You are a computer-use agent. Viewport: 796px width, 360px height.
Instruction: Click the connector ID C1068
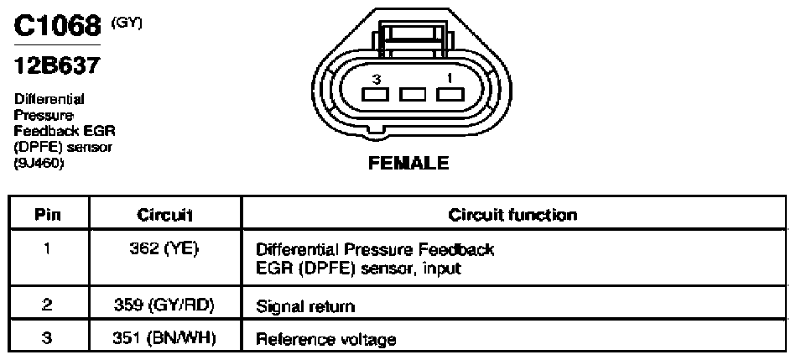pos(57,27)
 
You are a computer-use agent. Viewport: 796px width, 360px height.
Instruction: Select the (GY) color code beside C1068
pos(126,22)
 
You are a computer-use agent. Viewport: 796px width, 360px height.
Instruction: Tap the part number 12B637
pos(55,66)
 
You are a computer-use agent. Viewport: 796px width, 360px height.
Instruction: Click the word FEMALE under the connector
pos(408,164)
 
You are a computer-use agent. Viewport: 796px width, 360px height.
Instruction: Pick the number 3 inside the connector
pos(376,79)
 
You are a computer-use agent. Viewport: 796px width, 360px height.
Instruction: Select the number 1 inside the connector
pos(450,78)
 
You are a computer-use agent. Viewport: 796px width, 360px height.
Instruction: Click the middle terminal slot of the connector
pos(412,95)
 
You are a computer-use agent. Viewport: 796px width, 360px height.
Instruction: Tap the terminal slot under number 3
pos(376,95)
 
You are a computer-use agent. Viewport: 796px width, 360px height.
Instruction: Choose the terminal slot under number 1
pos(450,95)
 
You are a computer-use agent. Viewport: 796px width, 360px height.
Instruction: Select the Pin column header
pos(49,215)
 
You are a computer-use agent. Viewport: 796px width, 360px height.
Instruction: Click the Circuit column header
pos(165,215)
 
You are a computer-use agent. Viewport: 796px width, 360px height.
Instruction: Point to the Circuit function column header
pos(512,215)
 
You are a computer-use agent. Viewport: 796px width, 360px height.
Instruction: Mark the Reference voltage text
pos(326,339)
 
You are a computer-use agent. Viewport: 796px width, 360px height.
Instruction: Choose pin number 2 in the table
pos(48,306)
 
